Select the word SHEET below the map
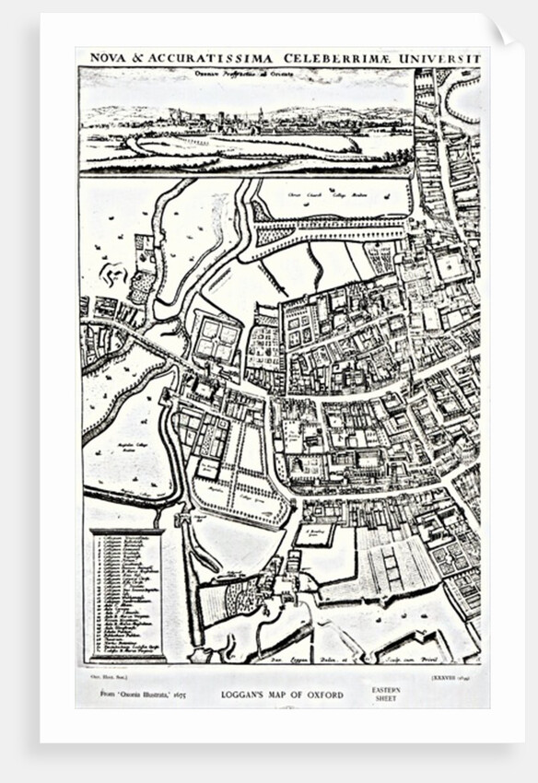[385, 699]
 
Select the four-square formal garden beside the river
[219, 336]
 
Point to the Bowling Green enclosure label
[316, 532]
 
